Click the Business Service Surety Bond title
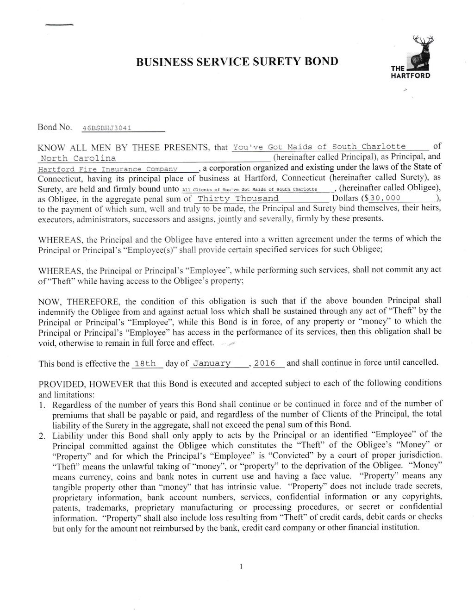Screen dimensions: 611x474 [x=237, y=62]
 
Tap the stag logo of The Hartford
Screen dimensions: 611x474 [x=420, y=54]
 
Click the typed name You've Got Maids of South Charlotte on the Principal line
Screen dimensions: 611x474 [x=319, y=147]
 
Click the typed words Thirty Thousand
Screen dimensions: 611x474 [x=238, y=199]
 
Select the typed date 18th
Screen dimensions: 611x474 [x=144, y=364]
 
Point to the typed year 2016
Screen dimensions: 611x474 [x=265, y=363]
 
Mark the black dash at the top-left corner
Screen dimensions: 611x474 [x=60, y=24]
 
